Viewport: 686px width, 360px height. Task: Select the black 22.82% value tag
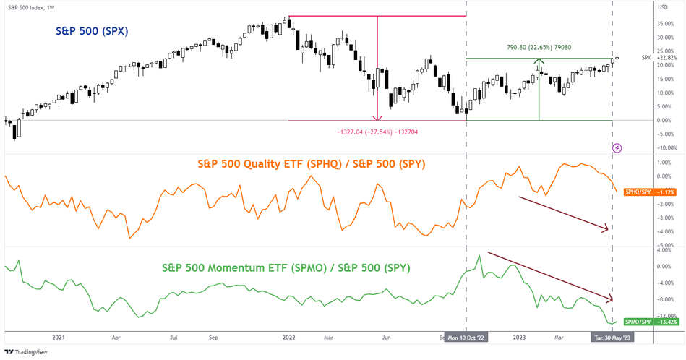[x=665, y=57]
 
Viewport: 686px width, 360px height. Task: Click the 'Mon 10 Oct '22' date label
[x=467, y=337]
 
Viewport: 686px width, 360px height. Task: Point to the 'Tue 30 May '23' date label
[x=612, y=337]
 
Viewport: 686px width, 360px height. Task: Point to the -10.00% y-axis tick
[x=666, y=147]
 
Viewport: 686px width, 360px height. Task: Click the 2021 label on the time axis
[x=59, y=337]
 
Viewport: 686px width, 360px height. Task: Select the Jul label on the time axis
[x=174, y=337]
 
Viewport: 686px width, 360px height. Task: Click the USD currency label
[x=662, y=7]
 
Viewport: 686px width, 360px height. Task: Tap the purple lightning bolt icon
[x=617, y=147]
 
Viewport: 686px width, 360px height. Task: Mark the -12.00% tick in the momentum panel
[x=666, y=315]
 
